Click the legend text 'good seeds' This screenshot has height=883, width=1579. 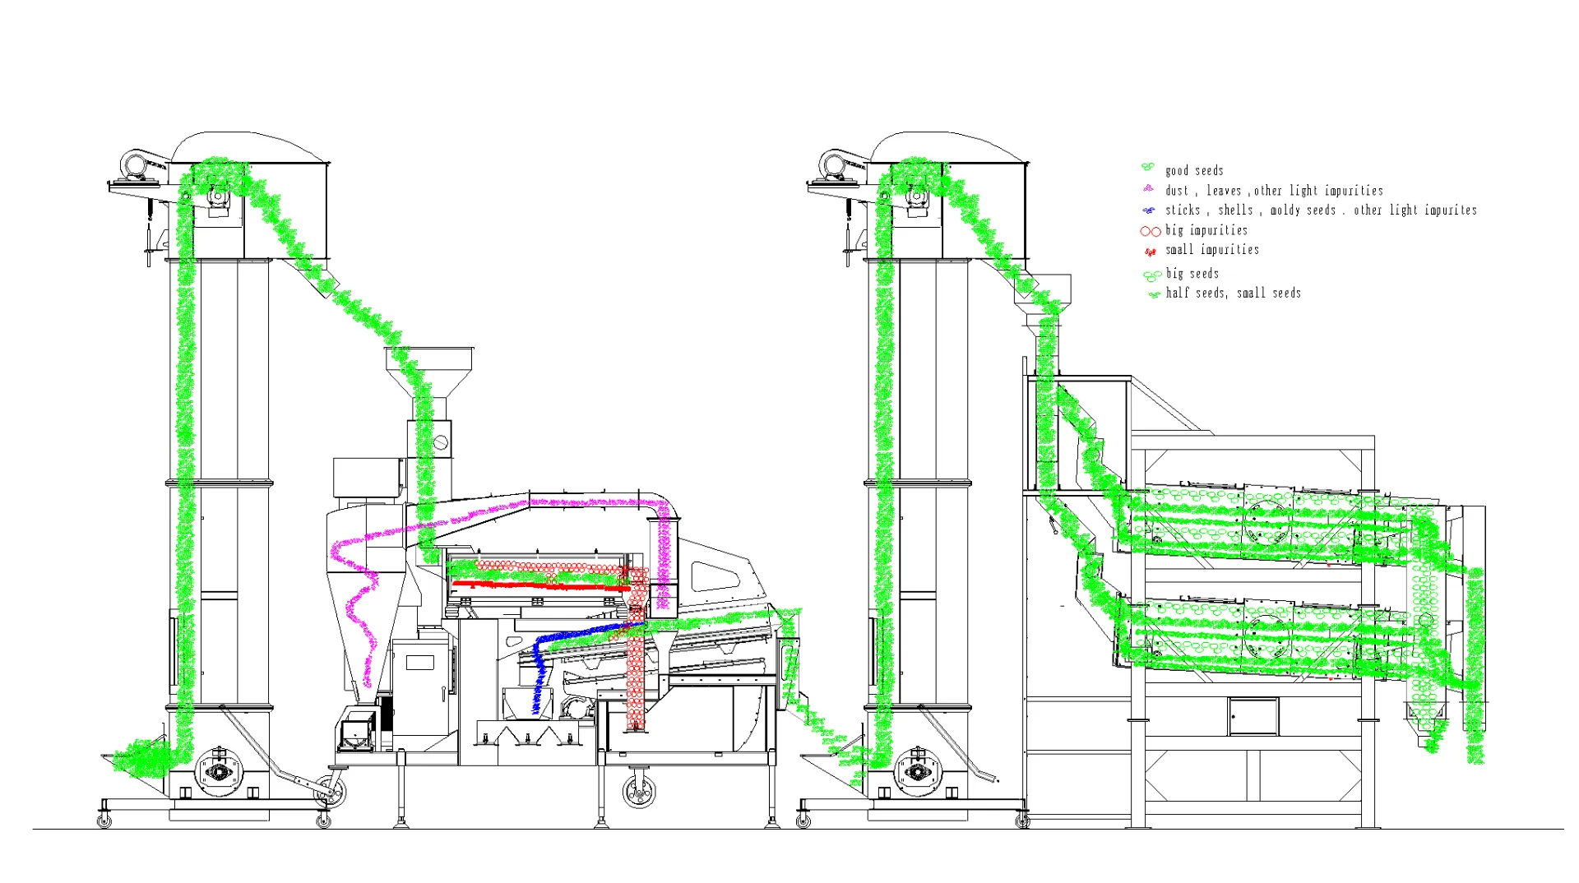click(x=1194, y=171)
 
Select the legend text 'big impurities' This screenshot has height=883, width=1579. click(x=1206, y=231)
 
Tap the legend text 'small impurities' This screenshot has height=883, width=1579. click(x=1211, y=250)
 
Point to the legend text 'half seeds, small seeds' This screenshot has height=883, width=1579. click(x=1233, y=294)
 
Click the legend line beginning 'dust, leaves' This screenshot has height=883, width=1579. click(x=1273, y=191)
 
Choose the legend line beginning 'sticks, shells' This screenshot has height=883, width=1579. click(x=1320, y=210)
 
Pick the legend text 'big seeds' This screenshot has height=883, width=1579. click(x=1192, y=274)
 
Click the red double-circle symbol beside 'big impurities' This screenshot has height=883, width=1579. click(x=1150, y=232)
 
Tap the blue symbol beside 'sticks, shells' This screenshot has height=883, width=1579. click(x=1149, y=210)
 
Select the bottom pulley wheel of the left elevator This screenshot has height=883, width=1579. click(x=219, y=772)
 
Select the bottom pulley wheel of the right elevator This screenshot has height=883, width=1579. click(x=917, y=772)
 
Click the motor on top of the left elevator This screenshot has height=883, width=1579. click(x=134, y=164)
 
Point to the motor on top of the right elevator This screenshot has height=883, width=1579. click(x=833, y=164)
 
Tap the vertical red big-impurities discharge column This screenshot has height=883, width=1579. click(x=636, y=674)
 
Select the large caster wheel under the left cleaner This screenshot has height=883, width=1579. click(x=639, y=792)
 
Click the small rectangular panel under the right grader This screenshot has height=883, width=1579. click(x=1253, y=717)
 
